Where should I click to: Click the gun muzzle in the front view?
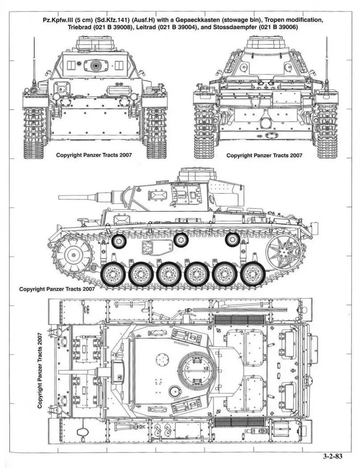[x=96, y=65]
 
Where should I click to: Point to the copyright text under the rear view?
[x=264, y=155]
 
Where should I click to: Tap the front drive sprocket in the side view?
[x=73, y=255]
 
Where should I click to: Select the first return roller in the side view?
[x=119, y=241]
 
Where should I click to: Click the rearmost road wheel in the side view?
[x=252, y=274]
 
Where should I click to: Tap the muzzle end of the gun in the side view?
[x=59, y=197]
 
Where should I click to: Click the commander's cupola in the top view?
[x=197, y=368]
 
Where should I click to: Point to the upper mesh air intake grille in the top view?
[x=239, y=320]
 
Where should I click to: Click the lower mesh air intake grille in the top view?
[x=239, y=422]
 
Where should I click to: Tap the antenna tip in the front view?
[x=34, y=38]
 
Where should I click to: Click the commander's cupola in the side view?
[x=197, y=174]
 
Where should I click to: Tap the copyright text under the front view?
[x=94, y=155]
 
